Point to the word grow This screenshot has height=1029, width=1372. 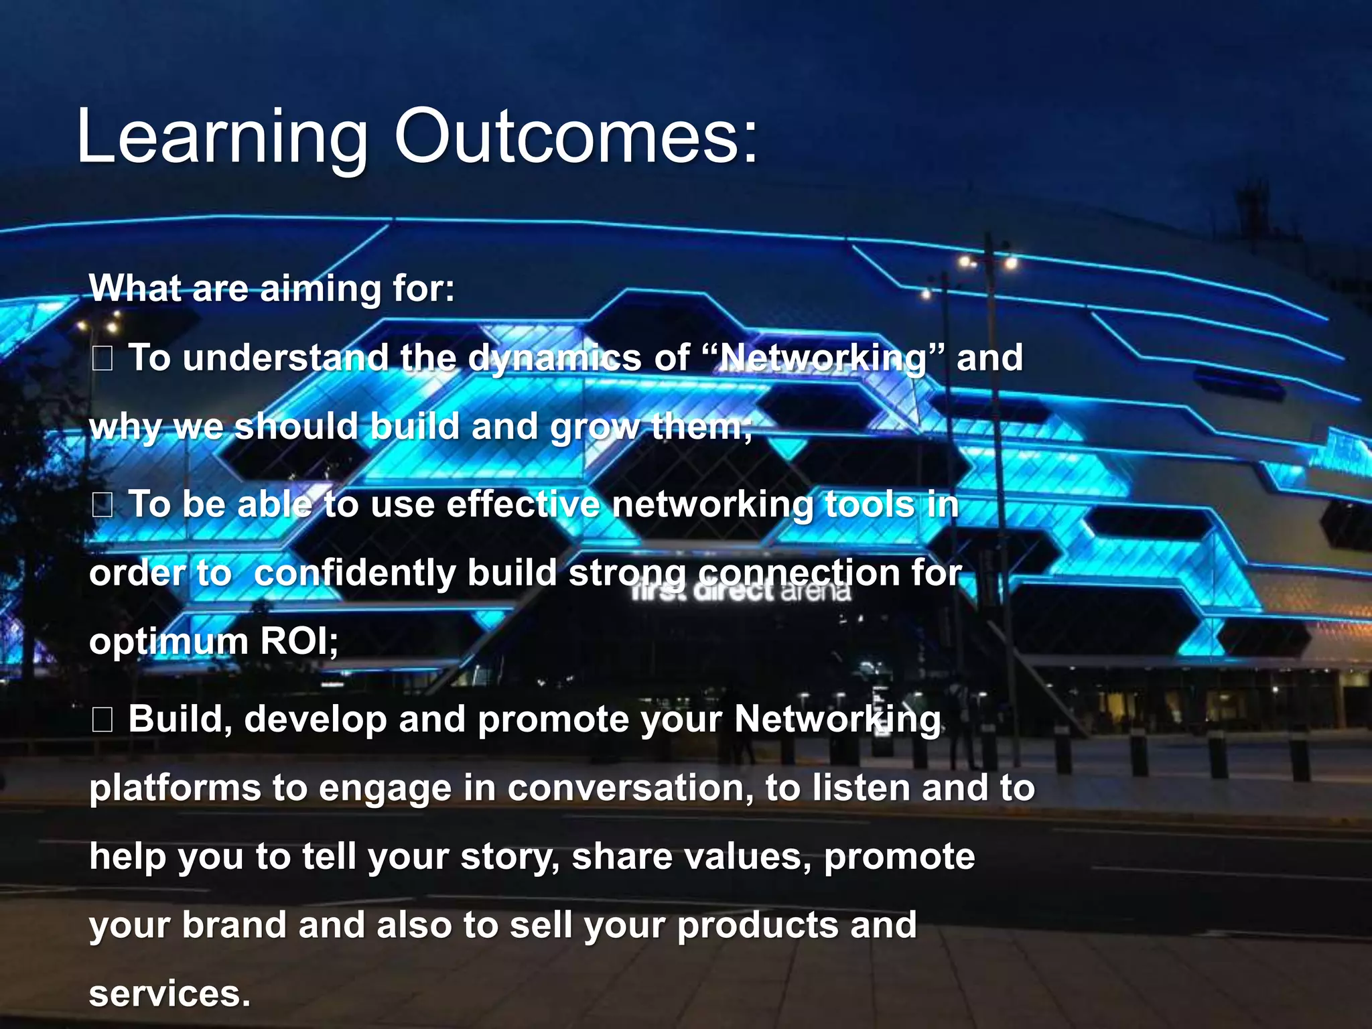[594, 427]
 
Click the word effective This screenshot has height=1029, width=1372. [523, 504]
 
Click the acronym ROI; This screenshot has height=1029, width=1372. [299, 642]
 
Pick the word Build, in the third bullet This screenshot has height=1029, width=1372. [180, 719]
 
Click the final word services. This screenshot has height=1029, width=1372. [169, 994]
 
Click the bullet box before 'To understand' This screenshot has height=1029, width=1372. [102, 360]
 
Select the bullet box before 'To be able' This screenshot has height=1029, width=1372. [102, 506]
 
